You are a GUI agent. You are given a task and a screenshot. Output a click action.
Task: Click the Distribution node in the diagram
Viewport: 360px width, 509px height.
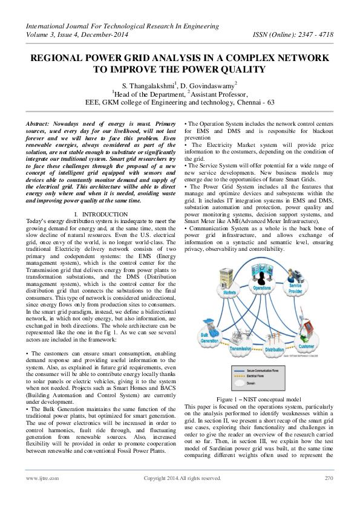click(274, 349)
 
